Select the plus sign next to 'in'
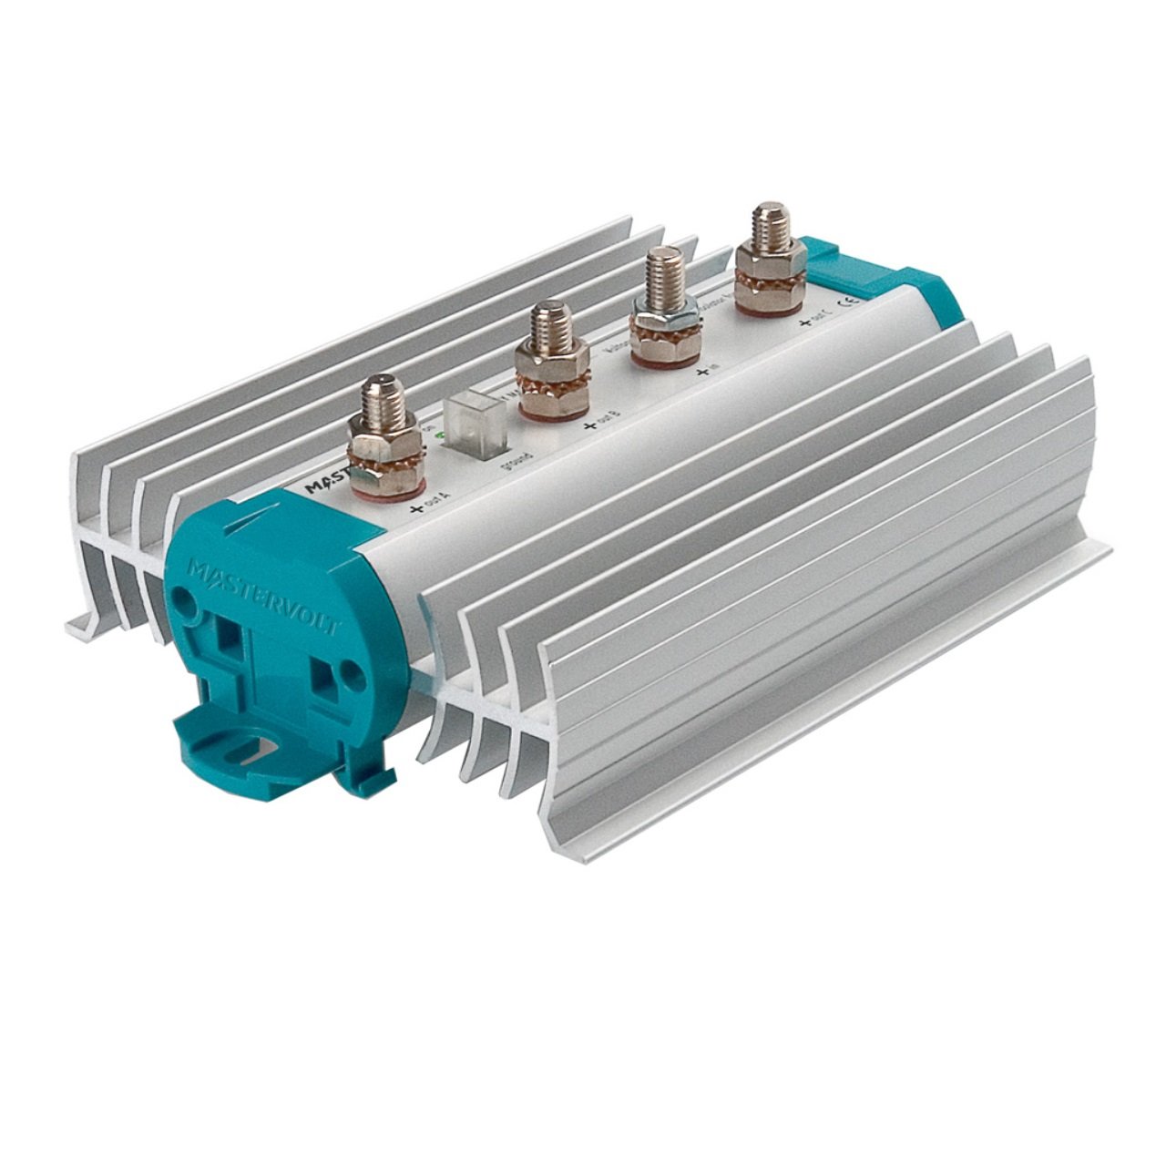point(702,372)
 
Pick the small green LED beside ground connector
point(441,436)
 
